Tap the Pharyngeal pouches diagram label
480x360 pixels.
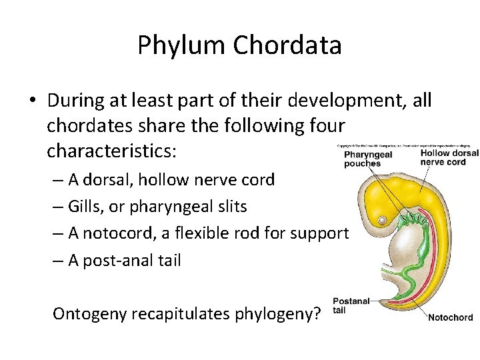pyautogui.click(x=368, y=159)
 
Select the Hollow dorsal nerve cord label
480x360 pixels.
pyautogui.click(x=449, y=157)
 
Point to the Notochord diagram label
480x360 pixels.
pyautogui.click(x=450, y=317)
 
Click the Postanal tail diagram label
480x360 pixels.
pyautogui.click(x=351, y=305)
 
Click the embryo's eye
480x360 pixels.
pyautogui.click(x=382, y=219)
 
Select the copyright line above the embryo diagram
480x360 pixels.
pyautogui.click(x=407, y=144)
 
